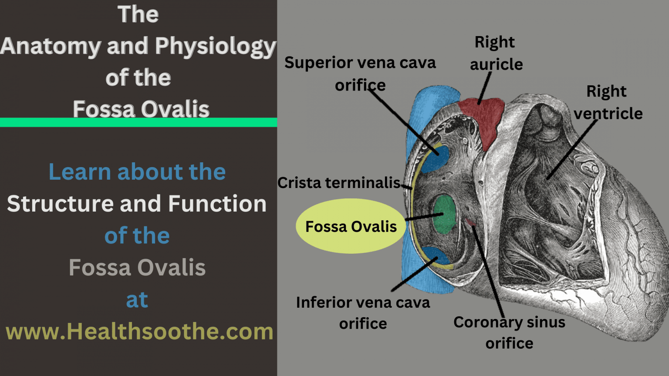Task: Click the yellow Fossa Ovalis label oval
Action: pyautogui.click(x=351, y=226)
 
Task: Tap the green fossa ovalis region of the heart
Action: pyautogui.click(x=444, y=214)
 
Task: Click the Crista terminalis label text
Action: pyautogui.click(x=339, y=183)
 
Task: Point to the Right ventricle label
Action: pyautogui.click(x=608, y=102)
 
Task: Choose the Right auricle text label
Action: pyautogui.click(x=496, y=53)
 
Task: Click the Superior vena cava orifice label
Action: pyautogui.click(x=360, y=74)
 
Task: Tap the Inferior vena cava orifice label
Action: pyautogui.click(x=363, y=313)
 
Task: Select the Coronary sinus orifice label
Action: pyautogui.click(x=509, y=333)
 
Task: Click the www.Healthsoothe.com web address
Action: pyautogui.click(x=139, y=332)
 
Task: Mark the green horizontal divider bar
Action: pyautogui.click(x=139, y=122)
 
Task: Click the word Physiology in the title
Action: pyautogui.click(x=216, y=47)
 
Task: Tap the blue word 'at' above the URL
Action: pyautogui.click(x=137, y=299)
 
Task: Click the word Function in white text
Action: pyautogui.click(x=217, y=204)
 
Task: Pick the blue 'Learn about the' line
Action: pyautogui.click(x=137, y=172)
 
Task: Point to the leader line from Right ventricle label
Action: pyautogui.click(x=572, y=150)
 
